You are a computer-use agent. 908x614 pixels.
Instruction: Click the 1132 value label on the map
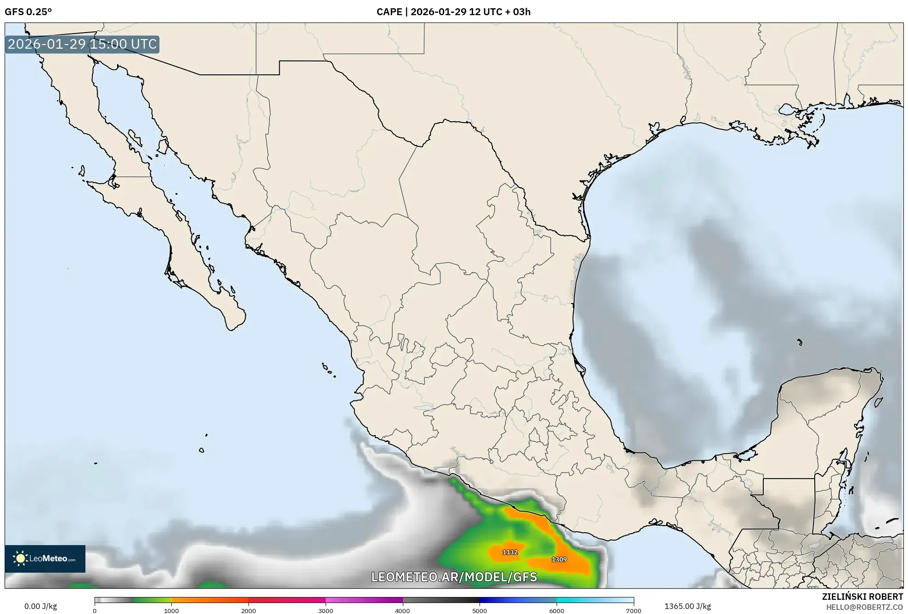pos(510,552)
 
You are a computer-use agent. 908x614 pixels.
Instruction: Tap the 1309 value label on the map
pos(559,559)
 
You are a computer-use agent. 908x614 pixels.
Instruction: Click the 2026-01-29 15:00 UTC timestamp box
pos(82,44)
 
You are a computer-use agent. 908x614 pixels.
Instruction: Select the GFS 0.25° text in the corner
pos(28,12)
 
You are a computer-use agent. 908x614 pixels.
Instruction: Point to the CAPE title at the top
pos(453,12)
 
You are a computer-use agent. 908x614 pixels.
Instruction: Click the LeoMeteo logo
pos(45,558)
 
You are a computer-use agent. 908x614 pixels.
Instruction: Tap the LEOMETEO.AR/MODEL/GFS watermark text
pos(454,577)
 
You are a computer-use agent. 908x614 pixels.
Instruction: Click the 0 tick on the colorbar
pos(95,611)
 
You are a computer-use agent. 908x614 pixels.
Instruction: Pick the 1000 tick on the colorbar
pos(171,611)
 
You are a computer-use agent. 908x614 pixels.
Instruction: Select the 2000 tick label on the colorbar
pos(248,611)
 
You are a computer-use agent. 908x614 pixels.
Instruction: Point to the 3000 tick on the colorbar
pos(326,611)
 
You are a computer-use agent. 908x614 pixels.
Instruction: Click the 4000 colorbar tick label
pos(403,611)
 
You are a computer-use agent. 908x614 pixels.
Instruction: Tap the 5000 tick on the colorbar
pos(479,611)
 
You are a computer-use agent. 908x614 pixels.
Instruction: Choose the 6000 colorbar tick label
pos(557,611)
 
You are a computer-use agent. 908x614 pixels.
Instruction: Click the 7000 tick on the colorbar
pos(634,611)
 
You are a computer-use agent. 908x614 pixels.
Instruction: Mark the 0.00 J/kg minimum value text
pos(40,606)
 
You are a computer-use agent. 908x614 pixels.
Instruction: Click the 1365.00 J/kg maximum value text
pos(688,606)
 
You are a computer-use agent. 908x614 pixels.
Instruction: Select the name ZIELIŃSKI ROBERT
pos(863,597)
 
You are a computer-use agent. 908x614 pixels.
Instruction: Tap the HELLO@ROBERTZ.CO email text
pos(864,607)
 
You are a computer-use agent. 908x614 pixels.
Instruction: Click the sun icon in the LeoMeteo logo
pos(20,558)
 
